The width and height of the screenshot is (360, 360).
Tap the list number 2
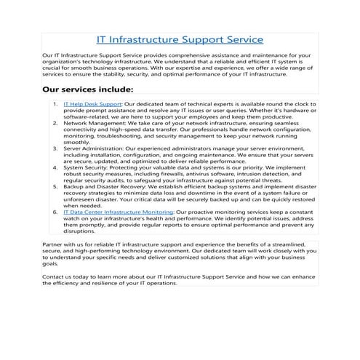55,124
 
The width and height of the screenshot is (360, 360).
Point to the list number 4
55,167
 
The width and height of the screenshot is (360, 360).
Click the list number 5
55,186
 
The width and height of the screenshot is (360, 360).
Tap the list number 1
55,105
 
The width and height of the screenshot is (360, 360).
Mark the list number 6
55,211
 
